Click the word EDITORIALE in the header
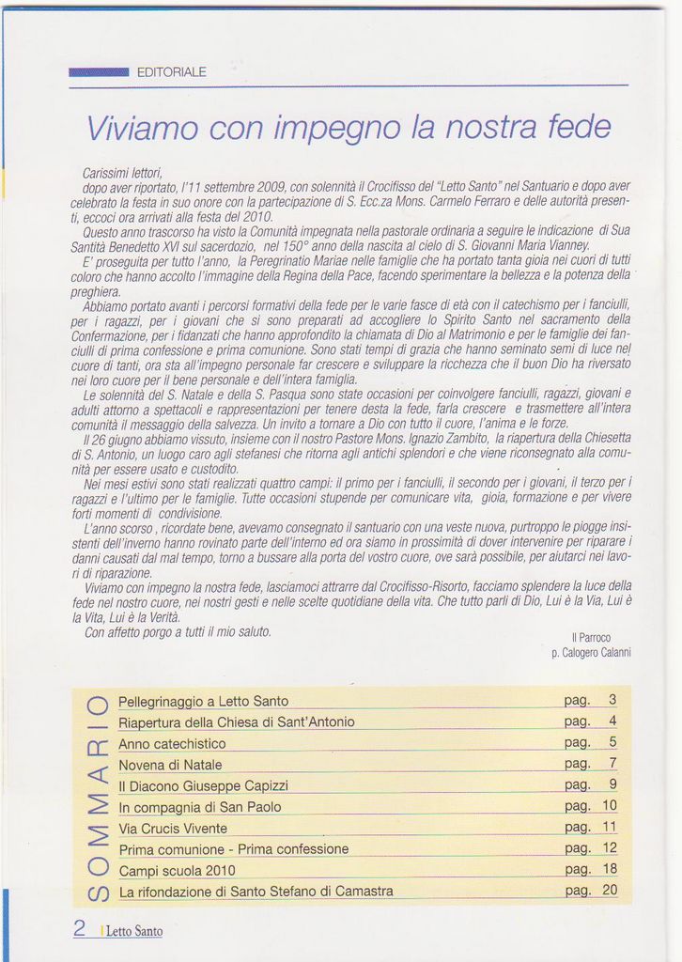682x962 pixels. click(171, 72)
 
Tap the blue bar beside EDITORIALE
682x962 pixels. click(99, 72)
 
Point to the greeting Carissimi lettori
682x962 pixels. click(123, 173)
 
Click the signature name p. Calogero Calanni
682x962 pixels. click(591, 652)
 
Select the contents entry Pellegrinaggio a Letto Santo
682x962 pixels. click(204, 701)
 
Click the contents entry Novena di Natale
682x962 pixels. click(170, 764)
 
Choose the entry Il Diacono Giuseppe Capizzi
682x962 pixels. click(203, 785)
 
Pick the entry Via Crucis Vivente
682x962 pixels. click(173, 828)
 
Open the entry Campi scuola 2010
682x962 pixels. click(178, 870)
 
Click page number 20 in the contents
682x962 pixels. click(610, 890)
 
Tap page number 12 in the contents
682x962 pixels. click(610, 847)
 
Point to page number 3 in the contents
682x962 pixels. click(612, 700)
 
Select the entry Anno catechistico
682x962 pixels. click(172, 743)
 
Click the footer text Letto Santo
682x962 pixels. click(133, 932)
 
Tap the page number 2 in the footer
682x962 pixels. click(80, 928)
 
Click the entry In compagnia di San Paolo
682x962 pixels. click(200, 807)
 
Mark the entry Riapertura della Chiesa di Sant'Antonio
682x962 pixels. click(237, 721)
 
